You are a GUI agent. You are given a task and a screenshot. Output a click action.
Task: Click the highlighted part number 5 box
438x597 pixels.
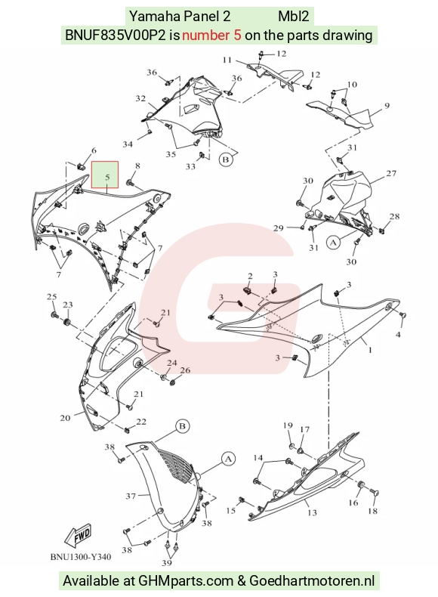point(105,175)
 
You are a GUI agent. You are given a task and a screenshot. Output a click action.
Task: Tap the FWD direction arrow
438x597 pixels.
point(79,534)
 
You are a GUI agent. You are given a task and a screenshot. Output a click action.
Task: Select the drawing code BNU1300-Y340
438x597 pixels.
point(81,557)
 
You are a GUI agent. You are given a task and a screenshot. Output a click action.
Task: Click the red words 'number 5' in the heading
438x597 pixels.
point(211,35)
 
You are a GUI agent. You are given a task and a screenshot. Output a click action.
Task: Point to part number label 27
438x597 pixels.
point(391,173)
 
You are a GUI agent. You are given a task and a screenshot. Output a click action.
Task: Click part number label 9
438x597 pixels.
point(387,106)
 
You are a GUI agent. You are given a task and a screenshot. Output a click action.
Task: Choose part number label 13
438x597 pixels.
point(312,512)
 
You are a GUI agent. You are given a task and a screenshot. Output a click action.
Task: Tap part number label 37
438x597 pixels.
point(131,496)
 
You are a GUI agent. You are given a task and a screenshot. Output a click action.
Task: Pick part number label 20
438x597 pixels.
point(65,418)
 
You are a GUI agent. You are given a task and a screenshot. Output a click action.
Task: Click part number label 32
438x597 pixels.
point(140,98)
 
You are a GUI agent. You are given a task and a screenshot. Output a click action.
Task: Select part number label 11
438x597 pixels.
point(227,60)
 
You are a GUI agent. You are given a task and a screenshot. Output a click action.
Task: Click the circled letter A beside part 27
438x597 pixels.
point(333,242)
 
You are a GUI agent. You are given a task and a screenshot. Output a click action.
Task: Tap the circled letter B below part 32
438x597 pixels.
point(225,159)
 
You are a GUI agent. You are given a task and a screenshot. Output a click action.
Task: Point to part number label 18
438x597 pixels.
point(372,511)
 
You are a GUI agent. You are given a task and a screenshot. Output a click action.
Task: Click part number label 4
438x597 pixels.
point(398,335)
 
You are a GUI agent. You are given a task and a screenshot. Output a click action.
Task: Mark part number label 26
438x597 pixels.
point(185,370)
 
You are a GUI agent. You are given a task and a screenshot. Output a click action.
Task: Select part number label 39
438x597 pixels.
point(167,563)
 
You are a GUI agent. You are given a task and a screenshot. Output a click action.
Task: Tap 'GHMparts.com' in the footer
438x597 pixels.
point(186,581)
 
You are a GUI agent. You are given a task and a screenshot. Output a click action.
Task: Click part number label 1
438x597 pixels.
point(370,350)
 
